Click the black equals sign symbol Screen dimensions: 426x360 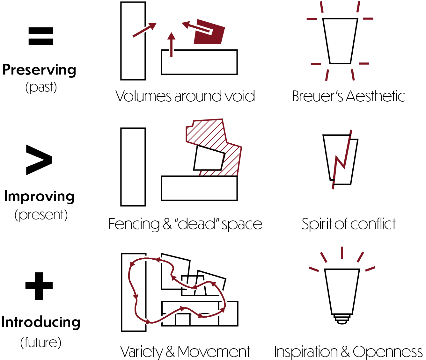(40, 36)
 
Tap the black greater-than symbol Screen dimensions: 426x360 (39, 160)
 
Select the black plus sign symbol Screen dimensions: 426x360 (39, 286)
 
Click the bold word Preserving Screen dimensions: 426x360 (39, 70)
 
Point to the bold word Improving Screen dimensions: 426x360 (39, 197)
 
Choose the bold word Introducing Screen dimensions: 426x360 (40, 322)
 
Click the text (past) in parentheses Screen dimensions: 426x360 (41, 88)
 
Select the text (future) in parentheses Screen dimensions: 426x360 (41, 342)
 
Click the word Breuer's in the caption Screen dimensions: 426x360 (318, 96)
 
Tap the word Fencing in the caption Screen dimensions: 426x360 (134, 224)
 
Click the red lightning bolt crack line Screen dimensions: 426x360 (342, 159)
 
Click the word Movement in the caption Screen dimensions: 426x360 (214, 352)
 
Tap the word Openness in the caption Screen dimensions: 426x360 (388, 352)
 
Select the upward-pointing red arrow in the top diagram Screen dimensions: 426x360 (171, 45)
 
